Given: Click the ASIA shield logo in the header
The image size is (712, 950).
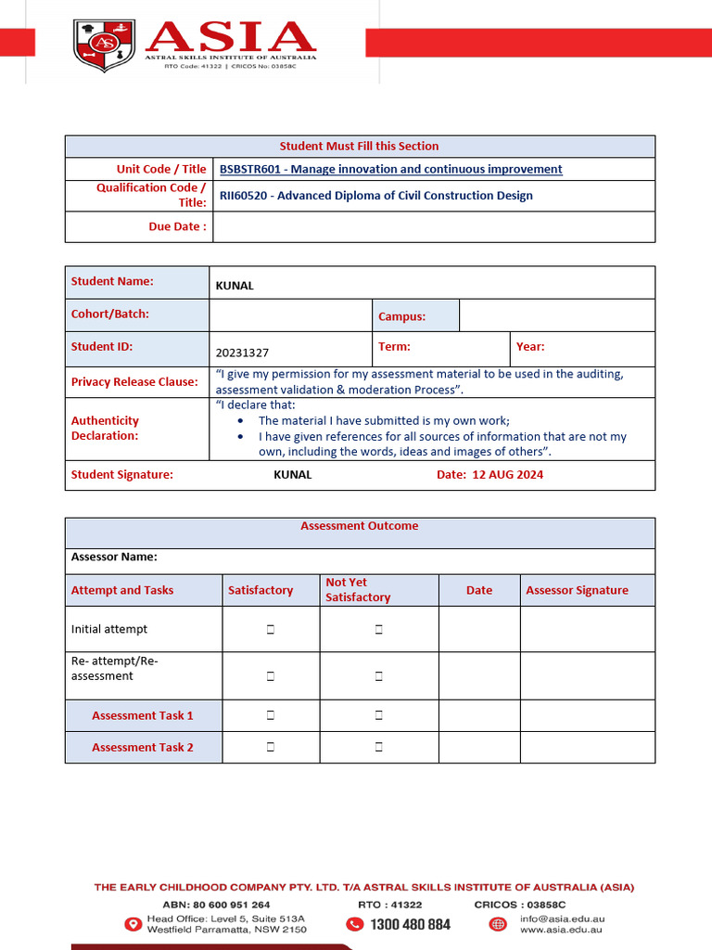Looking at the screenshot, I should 104,45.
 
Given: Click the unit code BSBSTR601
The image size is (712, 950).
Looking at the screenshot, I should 249,169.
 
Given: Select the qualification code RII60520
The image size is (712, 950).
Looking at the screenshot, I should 242,196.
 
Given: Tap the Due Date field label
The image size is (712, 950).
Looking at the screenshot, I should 177,226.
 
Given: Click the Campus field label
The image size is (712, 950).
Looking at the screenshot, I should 401,316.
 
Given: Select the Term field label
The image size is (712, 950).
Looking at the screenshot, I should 394,346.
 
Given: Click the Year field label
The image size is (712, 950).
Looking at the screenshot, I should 530,346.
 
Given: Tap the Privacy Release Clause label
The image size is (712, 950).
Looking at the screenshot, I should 134,381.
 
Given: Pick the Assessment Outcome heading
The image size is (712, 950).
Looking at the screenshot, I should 359,526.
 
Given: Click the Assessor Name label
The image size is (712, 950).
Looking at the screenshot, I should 114,557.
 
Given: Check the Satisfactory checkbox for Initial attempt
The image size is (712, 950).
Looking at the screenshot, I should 271,630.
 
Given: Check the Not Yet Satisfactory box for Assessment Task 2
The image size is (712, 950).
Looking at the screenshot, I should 379,747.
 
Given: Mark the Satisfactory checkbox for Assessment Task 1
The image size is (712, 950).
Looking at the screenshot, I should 271,715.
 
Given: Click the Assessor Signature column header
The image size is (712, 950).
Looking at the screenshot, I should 577,590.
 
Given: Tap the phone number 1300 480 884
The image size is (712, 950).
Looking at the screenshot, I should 410,924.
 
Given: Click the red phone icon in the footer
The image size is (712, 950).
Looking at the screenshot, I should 354,924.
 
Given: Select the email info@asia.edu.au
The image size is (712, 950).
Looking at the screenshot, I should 562,918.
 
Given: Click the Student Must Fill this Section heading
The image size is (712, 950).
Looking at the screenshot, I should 359,146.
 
